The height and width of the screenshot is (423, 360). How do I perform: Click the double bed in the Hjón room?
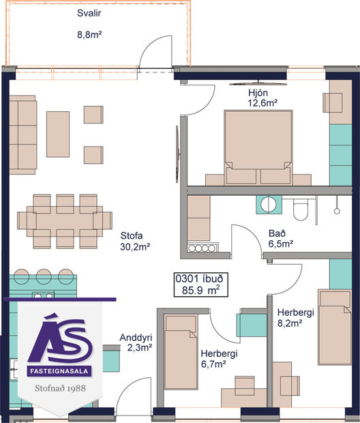(x=258, y=146)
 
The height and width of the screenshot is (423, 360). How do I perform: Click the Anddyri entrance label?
(x=135, y=338)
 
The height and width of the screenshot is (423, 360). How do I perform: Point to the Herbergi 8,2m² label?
(x=295, y=317)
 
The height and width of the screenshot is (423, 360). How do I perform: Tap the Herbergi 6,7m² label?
(x=218, y=359)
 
